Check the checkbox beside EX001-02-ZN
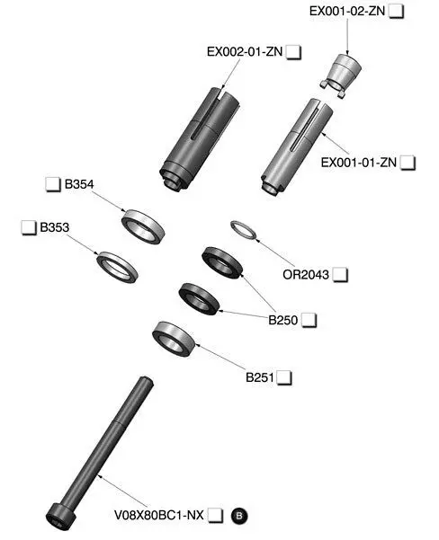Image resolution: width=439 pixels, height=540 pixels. (396, 12)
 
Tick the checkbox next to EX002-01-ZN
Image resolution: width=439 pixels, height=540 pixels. (293, 52)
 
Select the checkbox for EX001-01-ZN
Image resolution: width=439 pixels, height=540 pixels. (408, 163)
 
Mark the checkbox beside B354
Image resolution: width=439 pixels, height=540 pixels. (53, 184)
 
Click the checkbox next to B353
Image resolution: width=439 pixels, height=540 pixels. (29, 227)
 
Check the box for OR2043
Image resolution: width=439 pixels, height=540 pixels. (340, 275)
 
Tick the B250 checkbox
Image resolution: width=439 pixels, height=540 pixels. (309, 320)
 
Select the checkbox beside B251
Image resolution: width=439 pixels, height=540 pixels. (284, 377)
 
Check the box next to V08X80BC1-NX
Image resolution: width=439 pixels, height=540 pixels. (216, 516)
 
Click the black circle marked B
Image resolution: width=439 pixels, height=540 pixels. (239, 516)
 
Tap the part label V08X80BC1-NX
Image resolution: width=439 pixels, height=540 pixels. (159, 516)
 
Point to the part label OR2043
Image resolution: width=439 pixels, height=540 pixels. (306, 275)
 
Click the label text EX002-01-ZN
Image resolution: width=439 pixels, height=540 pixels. (245, 52)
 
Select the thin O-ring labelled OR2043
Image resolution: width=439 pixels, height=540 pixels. (244, 230)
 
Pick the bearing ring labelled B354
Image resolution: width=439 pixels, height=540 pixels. (143, 226)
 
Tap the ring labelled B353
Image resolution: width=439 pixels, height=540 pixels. (117, 267)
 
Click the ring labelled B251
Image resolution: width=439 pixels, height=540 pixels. (174, 338)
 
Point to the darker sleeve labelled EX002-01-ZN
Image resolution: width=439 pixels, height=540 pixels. (199, 138)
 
